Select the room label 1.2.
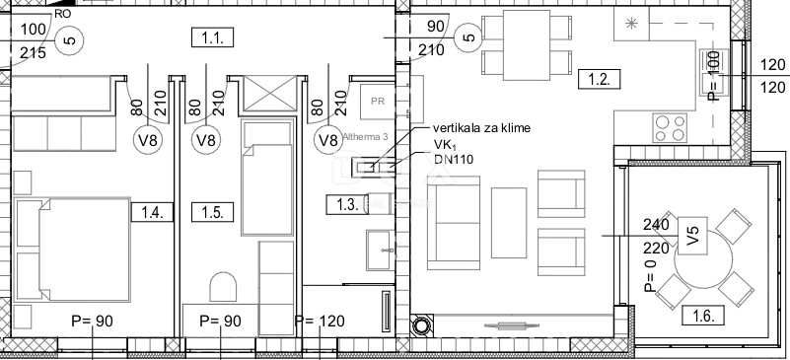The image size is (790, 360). coord(599,79)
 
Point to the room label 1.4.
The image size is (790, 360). coord(152,210)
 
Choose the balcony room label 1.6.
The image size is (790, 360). coord(702,316)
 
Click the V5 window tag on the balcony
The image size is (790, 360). coord(693,237)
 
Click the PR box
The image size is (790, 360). coord(377,100)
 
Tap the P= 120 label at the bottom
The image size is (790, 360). coord(318,321)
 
